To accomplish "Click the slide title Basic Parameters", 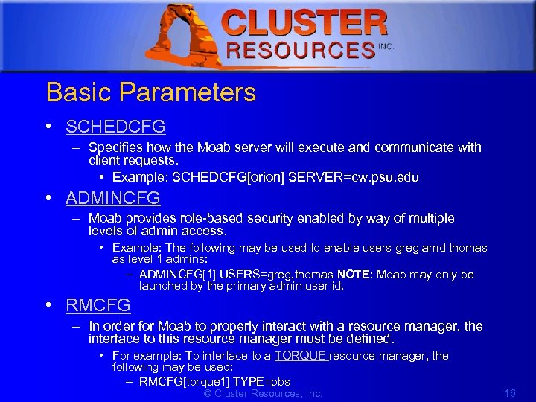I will (150, 93).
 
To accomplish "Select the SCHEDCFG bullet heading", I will (115, 127).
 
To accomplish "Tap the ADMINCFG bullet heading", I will (113, 198).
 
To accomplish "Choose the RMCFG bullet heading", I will (98, 305).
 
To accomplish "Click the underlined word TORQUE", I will (300, 356).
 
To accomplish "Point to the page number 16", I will (510, 393).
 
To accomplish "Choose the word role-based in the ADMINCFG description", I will (210, 218).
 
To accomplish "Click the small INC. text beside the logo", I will (385, 46).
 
